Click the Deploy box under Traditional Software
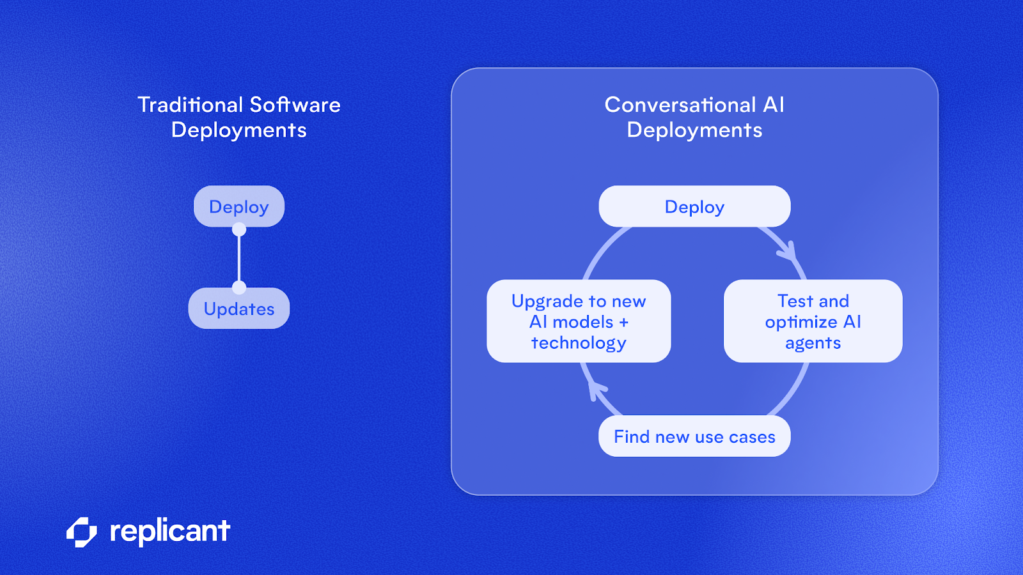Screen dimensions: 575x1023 [x=238, y=206]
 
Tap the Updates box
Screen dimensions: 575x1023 [x=238, y=309]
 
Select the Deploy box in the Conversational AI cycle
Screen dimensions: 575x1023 [x=694, y=206]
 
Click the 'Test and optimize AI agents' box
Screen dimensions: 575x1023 [x=813, y=321]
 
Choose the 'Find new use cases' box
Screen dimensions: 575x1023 [x=694, y=436]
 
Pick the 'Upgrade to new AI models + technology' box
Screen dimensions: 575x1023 [x=579, y=321]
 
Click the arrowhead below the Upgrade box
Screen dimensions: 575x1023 [x=596, y=389]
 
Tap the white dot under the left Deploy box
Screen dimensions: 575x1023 [x=239, y=229]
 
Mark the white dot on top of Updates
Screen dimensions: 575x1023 [x=239, y=287]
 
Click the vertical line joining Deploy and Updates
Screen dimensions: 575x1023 [x=239, y=258]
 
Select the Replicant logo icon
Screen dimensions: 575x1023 [x=82, y=532]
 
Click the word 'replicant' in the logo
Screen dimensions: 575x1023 [x=169, y=532]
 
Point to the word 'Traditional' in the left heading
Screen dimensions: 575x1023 [x=190, y=105]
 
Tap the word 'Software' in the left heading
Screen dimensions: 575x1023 [x=295, y=105]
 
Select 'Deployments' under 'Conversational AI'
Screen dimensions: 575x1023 [x=694, y=130]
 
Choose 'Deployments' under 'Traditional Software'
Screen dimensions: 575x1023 [x=238, y=130]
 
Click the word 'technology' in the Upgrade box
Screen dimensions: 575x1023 [x=579, y=343]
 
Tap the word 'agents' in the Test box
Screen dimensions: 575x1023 [x=813, y=343]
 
